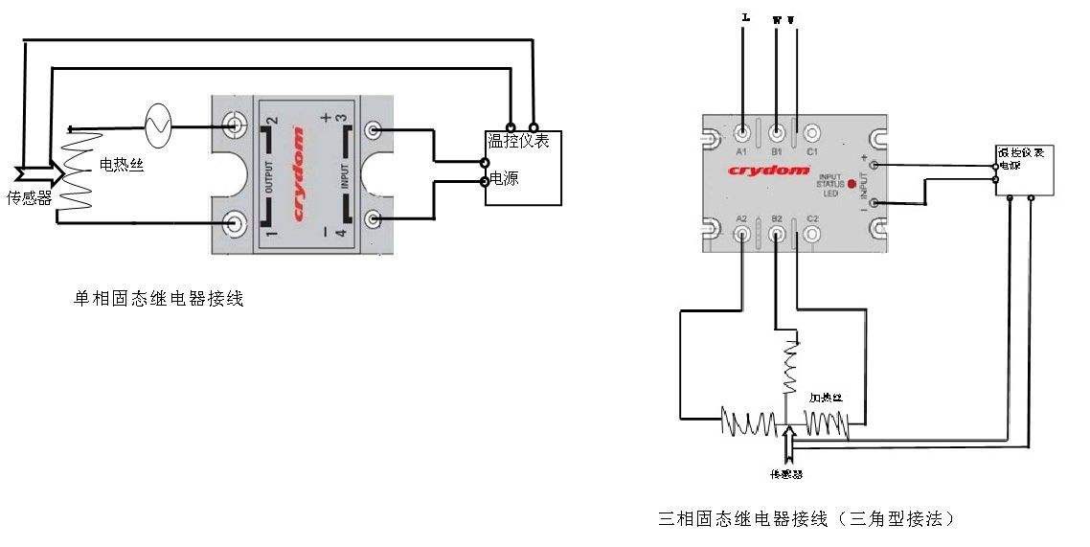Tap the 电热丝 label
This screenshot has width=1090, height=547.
123,166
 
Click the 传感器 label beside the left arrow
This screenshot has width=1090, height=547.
29,198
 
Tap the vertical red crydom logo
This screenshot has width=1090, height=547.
300,173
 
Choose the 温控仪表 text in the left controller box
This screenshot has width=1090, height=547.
518,142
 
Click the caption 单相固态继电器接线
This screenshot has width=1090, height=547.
159,299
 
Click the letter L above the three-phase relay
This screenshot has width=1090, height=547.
745,16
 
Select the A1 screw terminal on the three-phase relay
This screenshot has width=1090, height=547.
742,132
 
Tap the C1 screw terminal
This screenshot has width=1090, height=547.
812,132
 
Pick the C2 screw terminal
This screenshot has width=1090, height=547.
812,233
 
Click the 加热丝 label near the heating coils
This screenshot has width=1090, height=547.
826,396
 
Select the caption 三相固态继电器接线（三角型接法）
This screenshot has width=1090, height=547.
806,519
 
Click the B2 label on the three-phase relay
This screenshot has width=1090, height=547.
778,218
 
